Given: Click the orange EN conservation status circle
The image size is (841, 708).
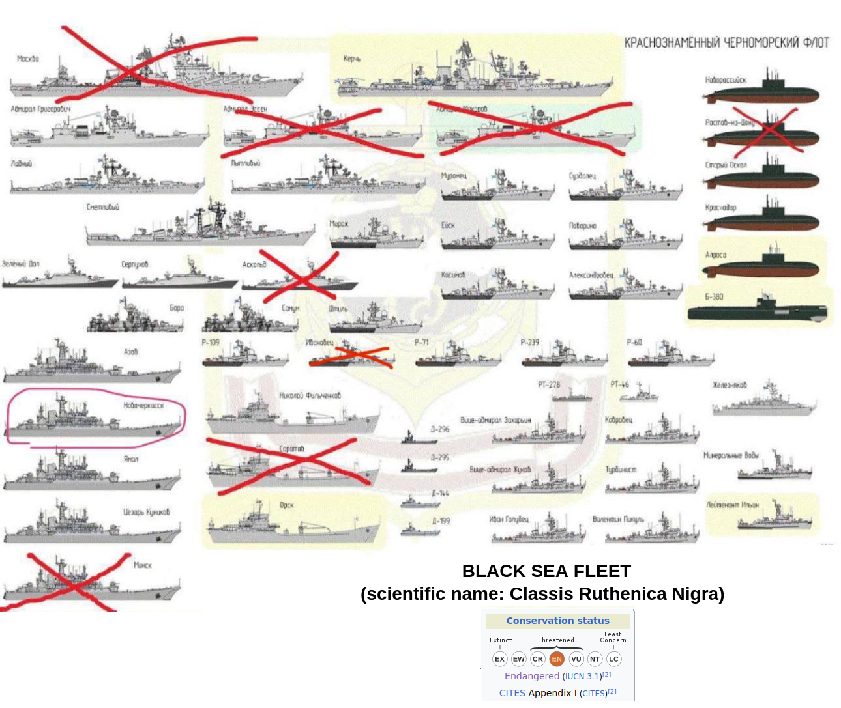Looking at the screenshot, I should [x=556, y=658].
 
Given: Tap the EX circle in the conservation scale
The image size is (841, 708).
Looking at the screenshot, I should [x=500, y=658].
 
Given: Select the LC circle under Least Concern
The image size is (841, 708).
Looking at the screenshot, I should [x=613, y=658].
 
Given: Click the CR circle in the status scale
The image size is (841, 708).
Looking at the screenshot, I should [x=537, y=658].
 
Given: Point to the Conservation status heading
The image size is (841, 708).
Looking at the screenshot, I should [x=557, y=621].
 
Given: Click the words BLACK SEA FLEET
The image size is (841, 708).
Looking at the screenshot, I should [x=546, y=571].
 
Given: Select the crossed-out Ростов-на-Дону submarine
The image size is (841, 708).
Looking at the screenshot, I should [x=761, y=135].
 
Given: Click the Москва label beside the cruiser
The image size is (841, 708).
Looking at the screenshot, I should [x=28, y=59].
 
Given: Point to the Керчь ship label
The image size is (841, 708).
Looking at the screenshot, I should [x=352, y=59].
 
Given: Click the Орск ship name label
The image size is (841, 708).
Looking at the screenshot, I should [x=287, y=505].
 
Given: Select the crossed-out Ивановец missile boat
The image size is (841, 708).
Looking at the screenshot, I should [x=352, y=356].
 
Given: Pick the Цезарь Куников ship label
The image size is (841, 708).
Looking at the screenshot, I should [x=147, y=512].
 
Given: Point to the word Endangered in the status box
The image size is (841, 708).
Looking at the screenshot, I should [x=532, y=676].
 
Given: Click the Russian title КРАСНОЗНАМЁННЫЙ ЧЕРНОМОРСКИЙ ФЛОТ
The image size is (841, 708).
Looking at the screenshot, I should [x=726, y=43].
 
